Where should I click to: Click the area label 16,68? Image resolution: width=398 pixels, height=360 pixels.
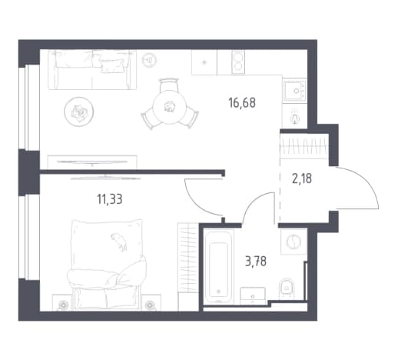tap(242, 103)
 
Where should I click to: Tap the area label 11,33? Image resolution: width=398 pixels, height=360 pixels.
tap(110, 199)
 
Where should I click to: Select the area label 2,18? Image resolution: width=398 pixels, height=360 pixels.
tap(302, 178)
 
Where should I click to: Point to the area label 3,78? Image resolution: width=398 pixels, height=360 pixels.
tap(256, 262)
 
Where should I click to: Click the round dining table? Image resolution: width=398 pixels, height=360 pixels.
tap(170, 107)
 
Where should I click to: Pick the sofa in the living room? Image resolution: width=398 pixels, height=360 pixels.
tap(92, 69)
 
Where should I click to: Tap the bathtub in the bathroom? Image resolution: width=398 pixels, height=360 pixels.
tap(218, 267)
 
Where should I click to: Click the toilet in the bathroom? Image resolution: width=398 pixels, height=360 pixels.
tap(287, 288)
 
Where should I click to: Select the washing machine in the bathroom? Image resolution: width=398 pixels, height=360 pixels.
tap(294, 242)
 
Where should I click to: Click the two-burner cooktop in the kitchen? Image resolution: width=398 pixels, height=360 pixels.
tap(238, 62)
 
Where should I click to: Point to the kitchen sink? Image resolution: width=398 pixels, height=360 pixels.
tap(295, 91)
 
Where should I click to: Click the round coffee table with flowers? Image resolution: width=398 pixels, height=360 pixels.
tap(79, 112)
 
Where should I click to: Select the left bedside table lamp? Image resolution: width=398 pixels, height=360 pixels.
tap(63, 305)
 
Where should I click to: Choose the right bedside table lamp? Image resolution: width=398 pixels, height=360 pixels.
tap(149, 305)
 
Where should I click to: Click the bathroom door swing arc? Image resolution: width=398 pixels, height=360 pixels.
tap(253, 202)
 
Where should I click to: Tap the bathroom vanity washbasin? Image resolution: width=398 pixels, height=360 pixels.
tap(253, 296)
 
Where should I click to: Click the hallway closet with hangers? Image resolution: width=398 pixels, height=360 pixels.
tap(304, 146)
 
